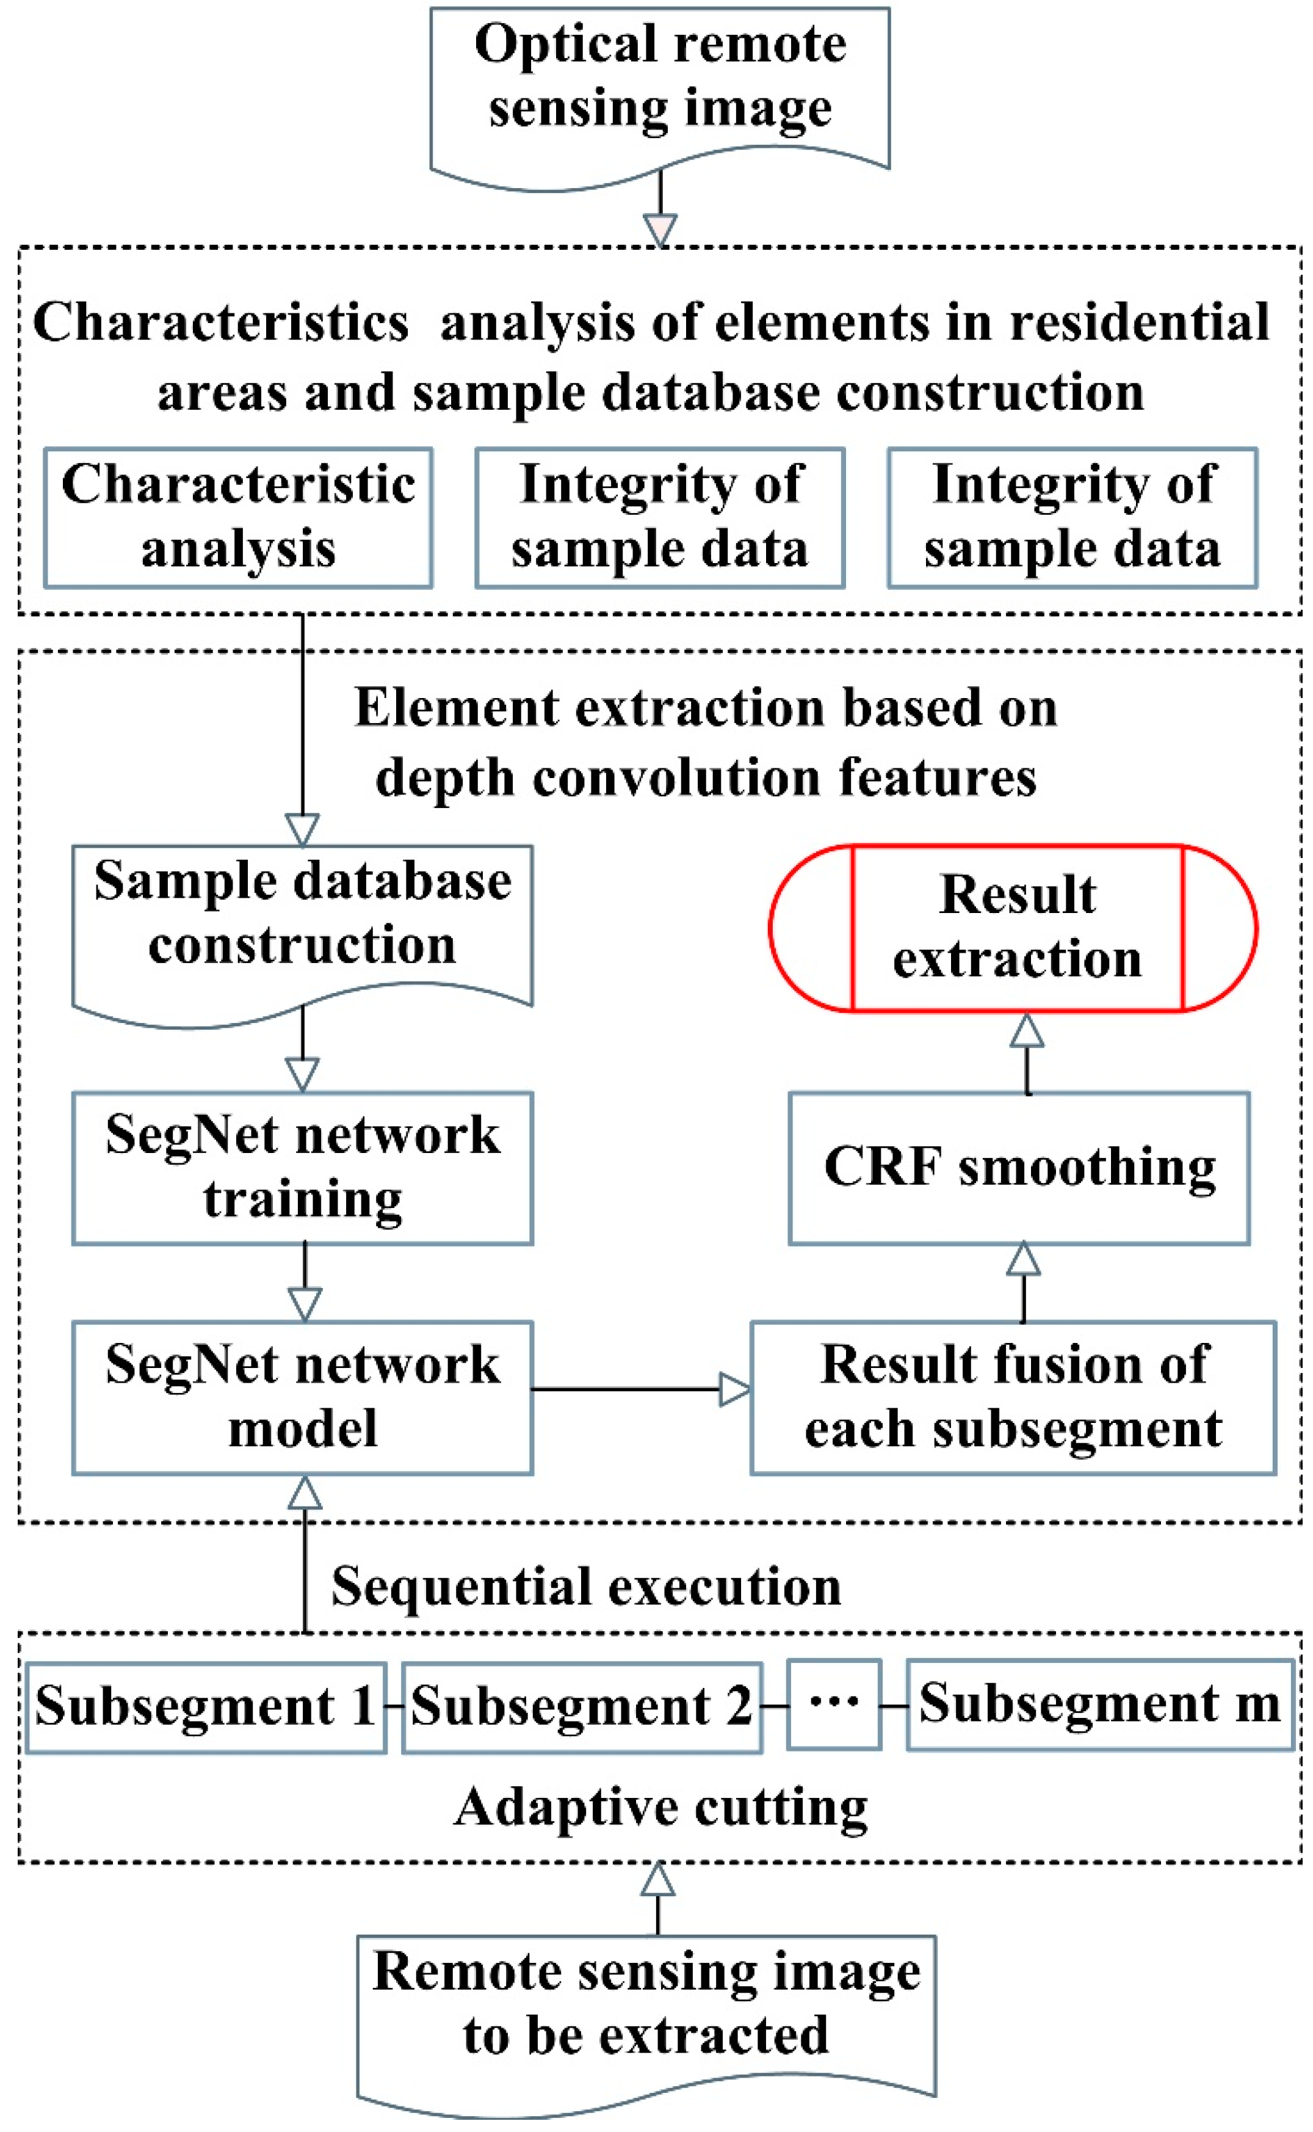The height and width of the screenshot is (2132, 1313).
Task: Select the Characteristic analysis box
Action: click(238, 518)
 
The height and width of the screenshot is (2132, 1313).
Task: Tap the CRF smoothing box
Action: click(1019, 1168)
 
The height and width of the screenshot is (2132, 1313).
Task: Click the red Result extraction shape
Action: click(1013, 928)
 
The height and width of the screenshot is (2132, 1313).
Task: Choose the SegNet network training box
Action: click(302, 1168)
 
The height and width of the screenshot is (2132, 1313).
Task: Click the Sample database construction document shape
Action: click(302, 921)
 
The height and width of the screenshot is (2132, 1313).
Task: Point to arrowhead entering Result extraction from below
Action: click(1027, 1031)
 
